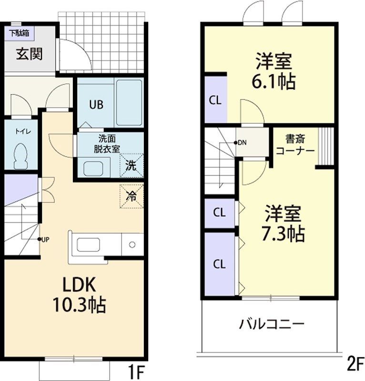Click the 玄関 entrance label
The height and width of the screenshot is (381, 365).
(x=30, y=54)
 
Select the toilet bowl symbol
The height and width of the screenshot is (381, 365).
(x=21, y=156)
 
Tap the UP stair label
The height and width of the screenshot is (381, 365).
(x=44, y=239)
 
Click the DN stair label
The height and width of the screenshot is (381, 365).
(x=242, y=142)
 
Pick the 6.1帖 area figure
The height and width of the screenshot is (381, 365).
(x=273, y=81)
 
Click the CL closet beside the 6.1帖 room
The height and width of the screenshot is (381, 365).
(x=215, y=100)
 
